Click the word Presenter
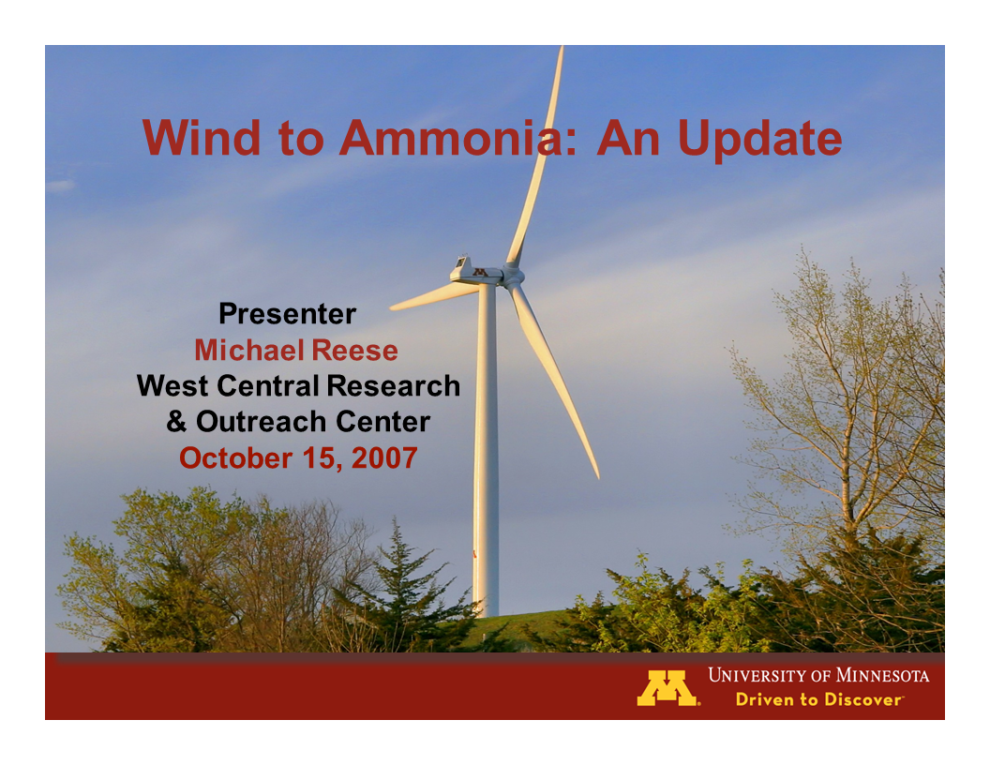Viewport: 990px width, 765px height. click(287, 313)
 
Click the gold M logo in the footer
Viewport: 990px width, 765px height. click(667, 688)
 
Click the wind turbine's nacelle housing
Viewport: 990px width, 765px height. click(473, 272)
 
